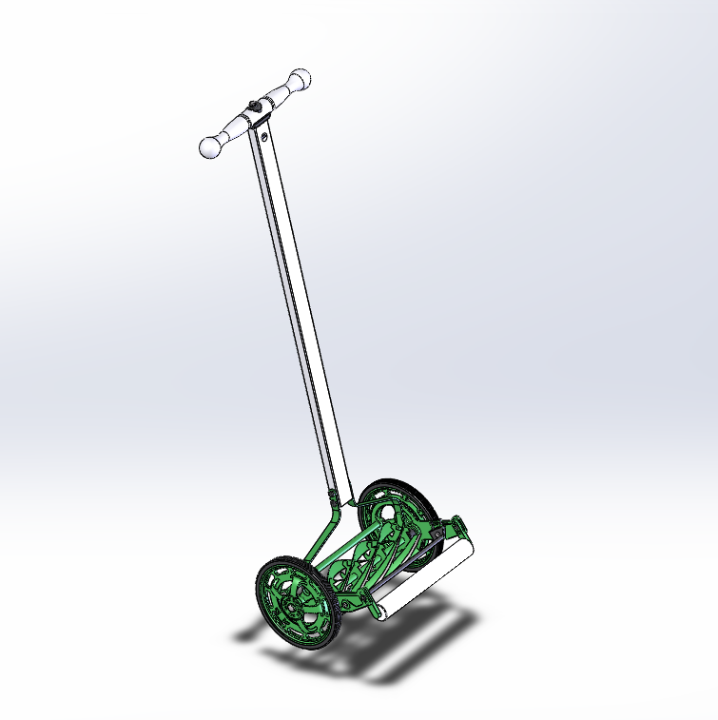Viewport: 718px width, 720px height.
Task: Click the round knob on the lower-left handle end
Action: pos(210,147)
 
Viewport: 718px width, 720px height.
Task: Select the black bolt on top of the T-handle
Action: pos(252,106)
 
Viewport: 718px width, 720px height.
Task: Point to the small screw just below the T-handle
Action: pos(262,137)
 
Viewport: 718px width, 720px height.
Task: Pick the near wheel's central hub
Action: pos(288,598)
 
